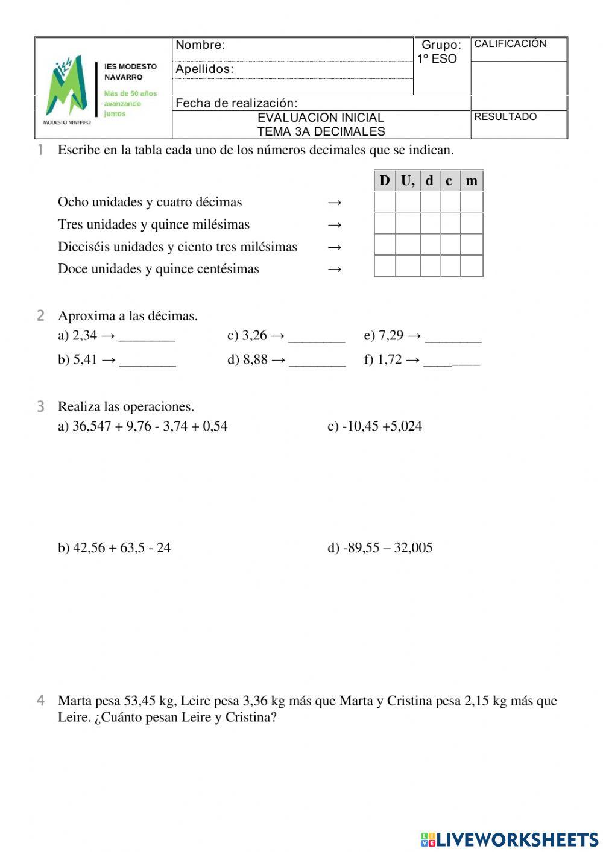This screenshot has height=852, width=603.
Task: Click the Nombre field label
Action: [200, 45]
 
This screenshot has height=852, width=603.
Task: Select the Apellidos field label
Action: [204, 69]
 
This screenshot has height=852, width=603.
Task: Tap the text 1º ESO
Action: [437, 59]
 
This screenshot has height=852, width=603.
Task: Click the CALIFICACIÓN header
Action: [510, 44]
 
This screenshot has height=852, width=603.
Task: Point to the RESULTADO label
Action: [505, 117]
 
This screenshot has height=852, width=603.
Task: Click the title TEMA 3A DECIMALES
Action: [321, 131]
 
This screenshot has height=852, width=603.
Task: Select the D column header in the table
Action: [385, 181]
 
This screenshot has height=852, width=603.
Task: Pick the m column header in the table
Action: [472, 181]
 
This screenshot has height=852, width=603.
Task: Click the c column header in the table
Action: [449, 181]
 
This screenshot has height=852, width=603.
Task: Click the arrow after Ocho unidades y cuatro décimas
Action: [335, 202]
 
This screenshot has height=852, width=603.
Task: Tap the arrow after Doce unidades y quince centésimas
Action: [335, 269]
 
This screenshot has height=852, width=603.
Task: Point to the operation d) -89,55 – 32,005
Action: [380, 548]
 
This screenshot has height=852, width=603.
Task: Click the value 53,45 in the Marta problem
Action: [140, 701]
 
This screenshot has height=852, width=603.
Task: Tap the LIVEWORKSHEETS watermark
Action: [510, 839]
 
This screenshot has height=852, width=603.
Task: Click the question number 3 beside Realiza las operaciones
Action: [40, 407]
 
